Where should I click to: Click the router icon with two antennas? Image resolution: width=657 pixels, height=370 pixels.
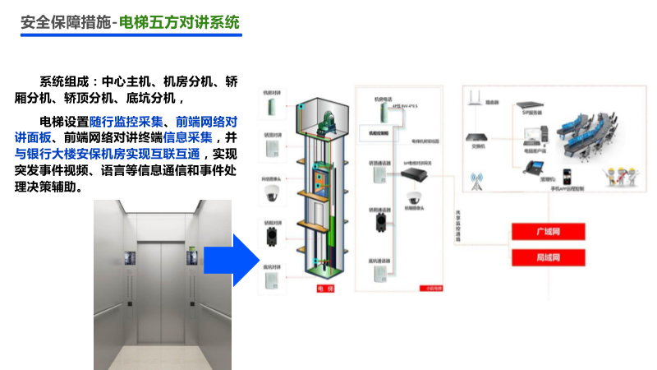click(474, 99)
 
